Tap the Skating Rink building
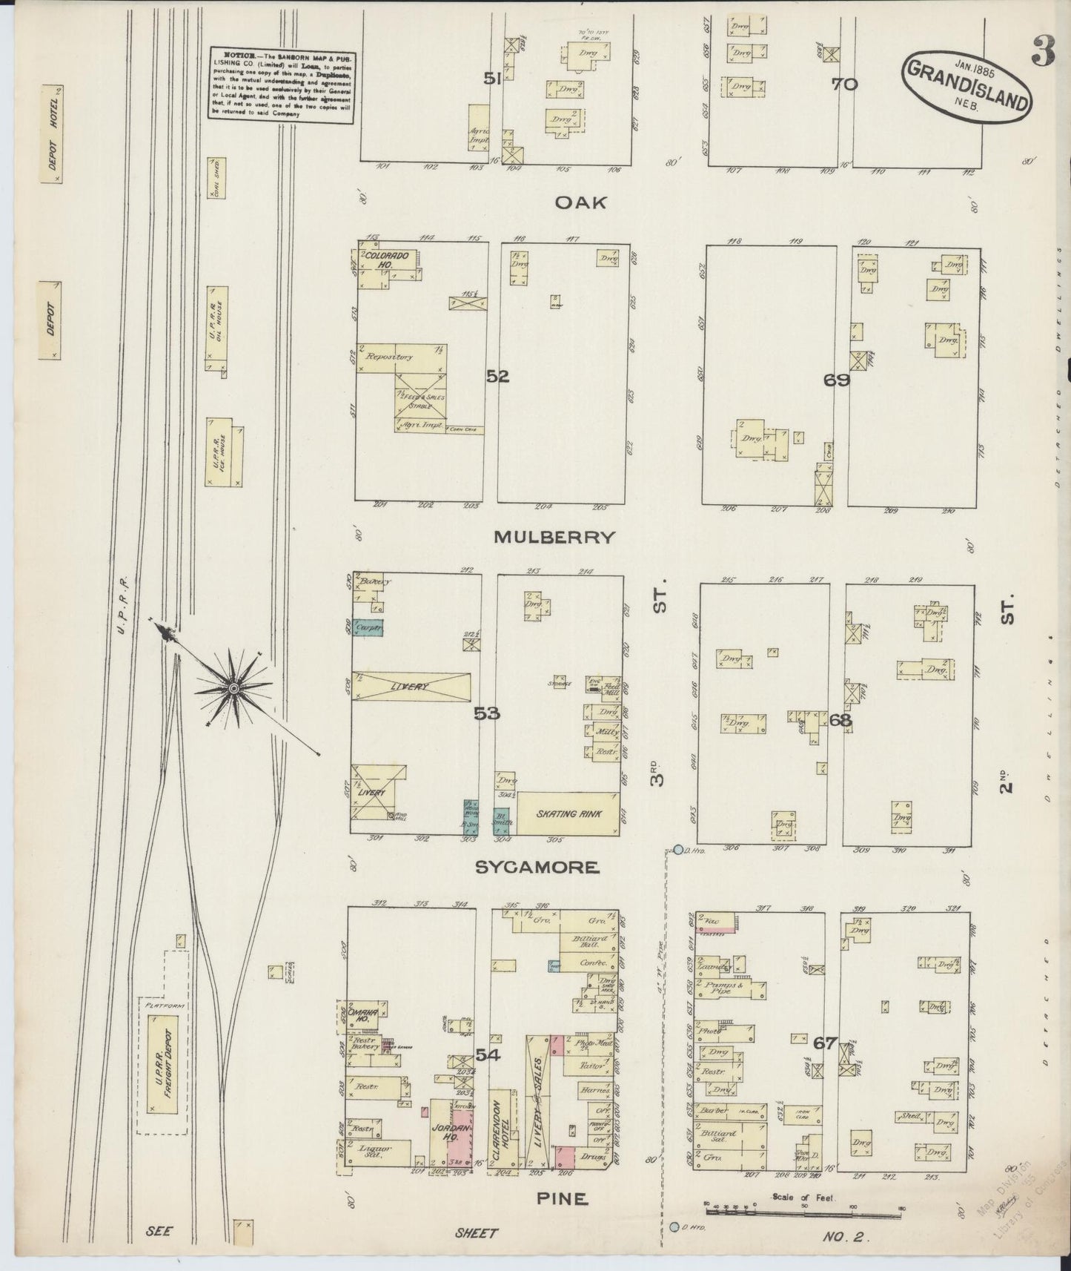click(x=569, y=813)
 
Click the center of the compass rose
click(x=233, y=690)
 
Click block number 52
click(x=497, y=377)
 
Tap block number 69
click(x=836, y=380)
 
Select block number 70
click(x=844, y=84)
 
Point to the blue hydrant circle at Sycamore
click(x=677, y=849)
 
